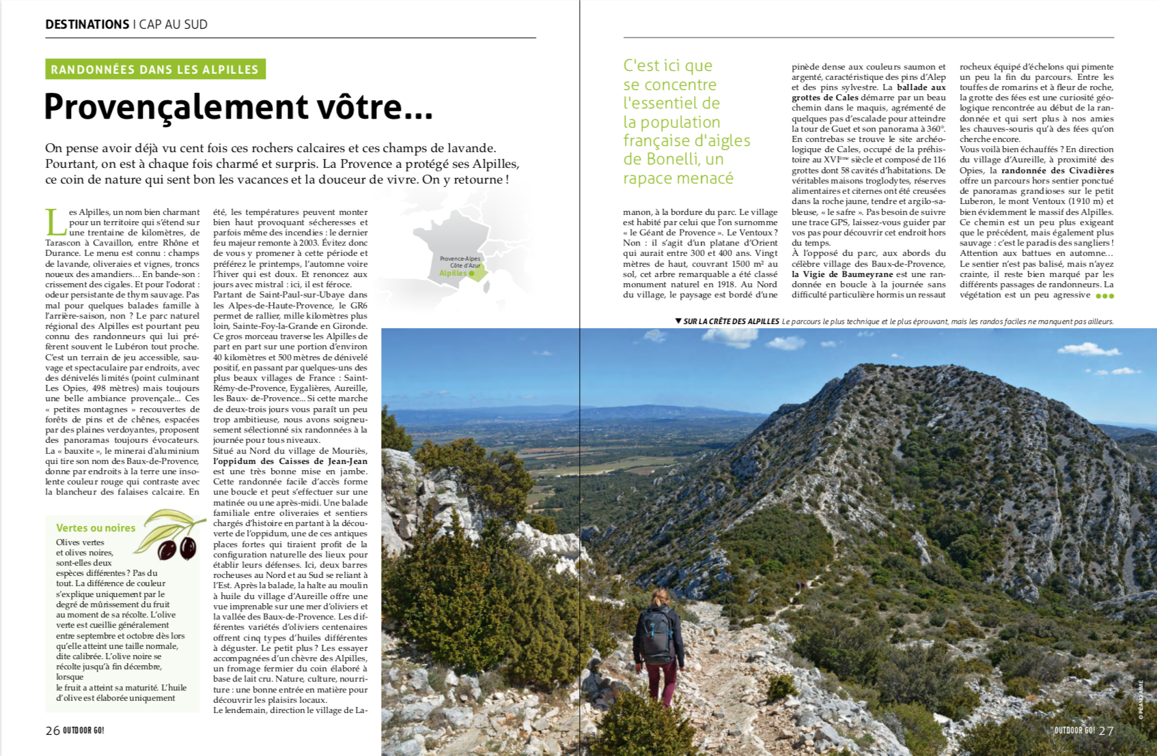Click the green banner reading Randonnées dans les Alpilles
pos(155,70)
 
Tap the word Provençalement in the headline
pos(177,107)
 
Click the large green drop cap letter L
pos(56,222)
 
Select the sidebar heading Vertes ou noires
pos(96,528)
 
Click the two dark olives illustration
pos(177,547)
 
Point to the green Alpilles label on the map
pos(453,273)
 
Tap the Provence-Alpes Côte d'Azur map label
pos(460,262)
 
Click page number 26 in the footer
pos(53,731)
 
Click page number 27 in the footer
pos(1106,731)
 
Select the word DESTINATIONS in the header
pos(87,25)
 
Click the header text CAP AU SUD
pos(173,25)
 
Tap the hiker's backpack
pos(654,633)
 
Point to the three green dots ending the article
pos(1104,296)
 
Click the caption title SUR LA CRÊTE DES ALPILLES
pos(731,321)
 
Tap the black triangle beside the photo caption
pos(678,321)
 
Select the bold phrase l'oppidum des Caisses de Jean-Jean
pos(290,461)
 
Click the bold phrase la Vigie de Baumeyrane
pos(842,274)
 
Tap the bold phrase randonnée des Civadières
pos(1057,171)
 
